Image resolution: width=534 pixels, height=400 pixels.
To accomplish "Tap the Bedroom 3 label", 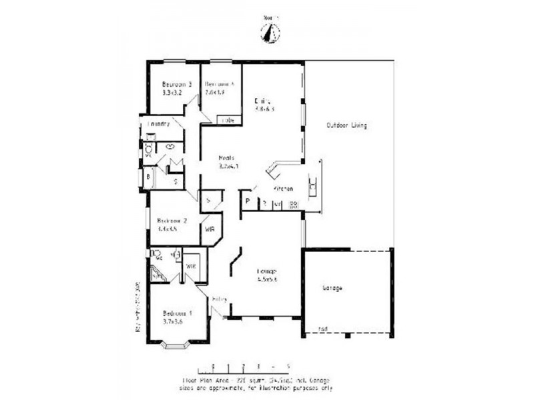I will (x=177, y=85).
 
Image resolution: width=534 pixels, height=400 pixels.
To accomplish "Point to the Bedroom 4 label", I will (x=220, y=85).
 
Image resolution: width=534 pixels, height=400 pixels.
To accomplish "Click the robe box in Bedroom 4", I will (x=228, y=121).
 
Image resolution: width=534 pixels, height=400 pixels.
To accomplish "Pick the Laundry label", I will (x=158, y=124).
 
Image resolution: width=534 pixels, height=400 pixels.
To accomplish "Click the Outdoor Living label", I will (x=346, y=125).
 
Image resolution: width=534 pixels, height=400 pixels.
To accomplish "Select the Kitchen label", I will (x=283, y=189).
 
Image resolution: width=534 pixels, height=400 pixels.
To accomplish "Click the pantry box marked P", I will (x=246, y=201).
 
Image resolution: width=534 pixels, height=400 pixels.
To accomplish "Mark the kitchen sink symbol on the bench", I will (x=312, y=187).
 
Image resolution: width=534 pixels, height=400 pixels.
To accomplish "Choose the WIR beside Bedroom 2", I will (x=209, y=229).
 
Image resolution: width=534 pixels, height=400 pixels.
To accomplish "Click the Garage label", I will (x=332, y=288).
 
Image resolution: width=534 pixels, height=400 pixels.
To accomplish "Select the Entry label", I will (x=219, y=299).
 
